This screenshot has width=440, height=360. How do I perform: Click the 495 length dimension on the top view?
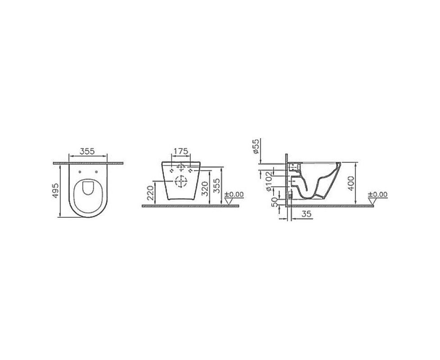pos(55,191)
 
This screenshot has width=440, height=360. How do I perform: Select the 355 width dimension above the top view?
pos(88,151)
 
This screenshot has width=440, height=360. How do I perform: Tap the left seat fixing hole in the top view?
pos(80,172)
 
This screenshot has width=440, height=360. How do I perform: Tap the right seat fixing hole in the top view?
pos(97,172)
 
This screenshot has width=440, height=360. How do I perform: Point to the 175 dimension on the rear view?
pos(180,151)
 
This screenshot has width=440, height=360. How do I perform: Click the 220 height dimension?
pos(151,193)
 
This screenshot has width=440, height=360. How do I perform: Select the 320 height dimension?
pos(205,189)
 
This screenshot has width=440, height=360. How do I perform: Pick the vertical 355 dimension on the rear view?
pos(217,185)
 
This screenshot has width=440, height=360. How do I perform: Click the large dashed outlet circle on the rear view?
pos(180,182)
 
